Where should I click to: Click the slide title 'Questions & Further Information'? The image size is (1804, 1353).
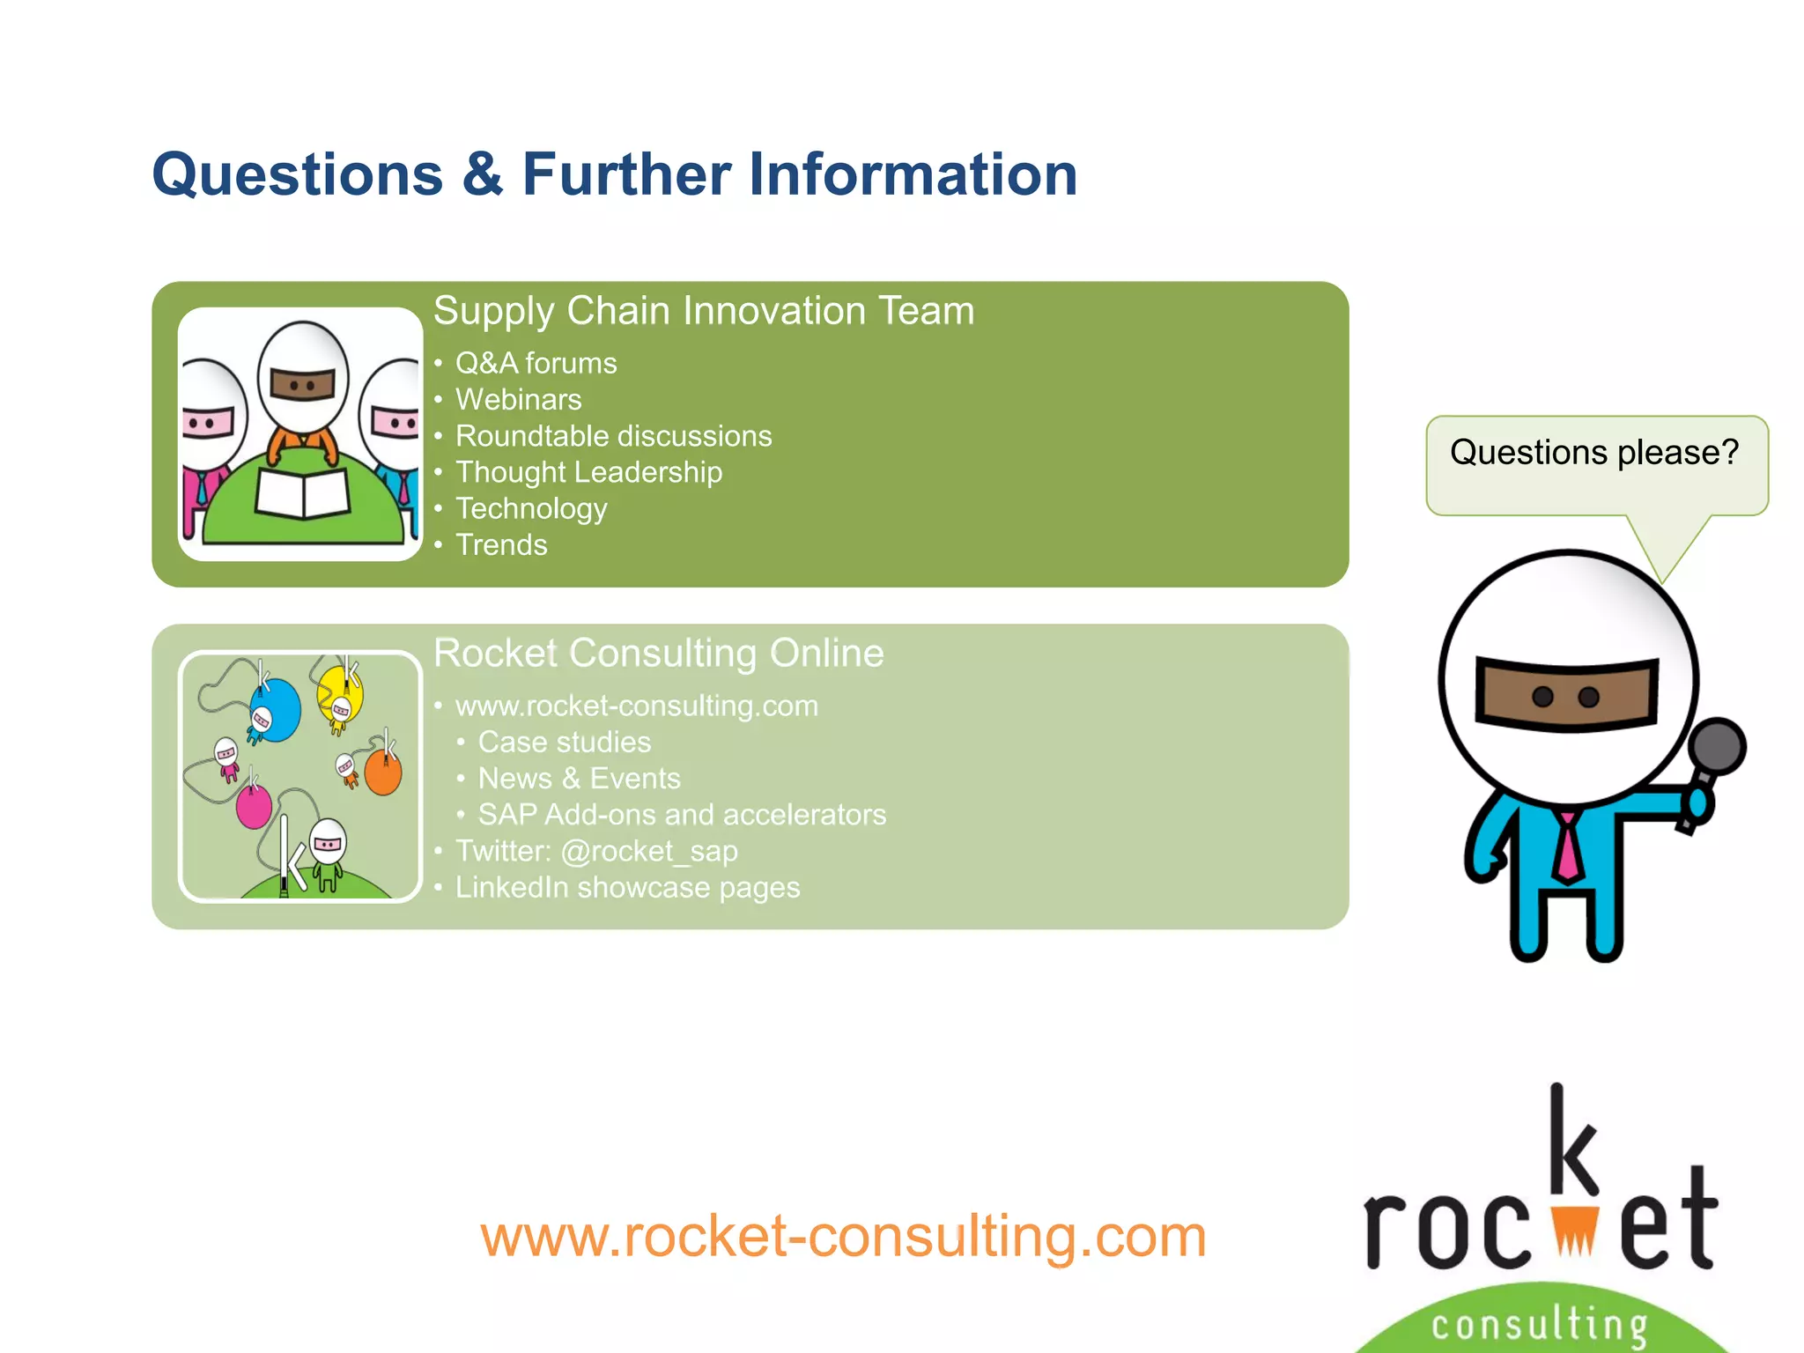click(614, 174)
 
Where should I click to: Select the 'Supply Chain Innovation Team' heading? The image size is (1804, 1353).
click(704, 311)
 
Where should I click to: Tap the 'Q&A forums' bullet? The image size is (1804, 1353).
click(536, 363)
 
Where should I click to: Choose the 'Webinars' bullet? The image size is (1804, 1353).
click(518, 400)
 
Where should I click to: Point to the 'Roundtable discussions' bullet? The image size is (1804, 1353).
click(613, 436)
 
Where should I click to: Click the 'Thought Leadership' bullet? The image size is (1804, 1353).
click(588, 472)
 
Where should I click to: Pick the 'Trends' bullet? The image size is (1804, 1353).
click(501, 545)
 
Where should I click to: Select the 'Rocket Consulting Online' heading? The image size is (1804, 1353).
click(658, 654)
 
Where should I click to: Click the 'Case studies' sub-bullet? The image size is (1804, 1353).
click(564, 743)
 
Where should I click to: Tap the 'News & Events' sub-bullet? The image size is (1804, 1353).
click(579, 779)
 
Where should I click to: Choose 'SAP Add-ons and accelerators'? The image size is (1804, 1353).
click(682, 815)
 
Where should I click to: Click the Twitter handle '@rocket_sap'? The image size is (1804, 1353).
click(649, 852)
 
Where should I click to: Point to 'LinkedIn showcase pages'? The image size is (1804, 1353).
click(627, 888)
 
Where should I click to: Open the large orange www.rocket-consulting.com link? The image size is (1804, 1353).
click(843, 1236)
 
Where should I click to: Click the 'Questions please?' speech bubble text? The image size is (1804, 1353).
click(1594, 453)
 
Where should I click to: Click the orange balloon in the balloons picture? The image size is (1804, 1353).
click(383, 773)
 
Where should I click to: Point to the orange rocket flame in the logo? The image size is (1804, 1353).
click(1574, 1231)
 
